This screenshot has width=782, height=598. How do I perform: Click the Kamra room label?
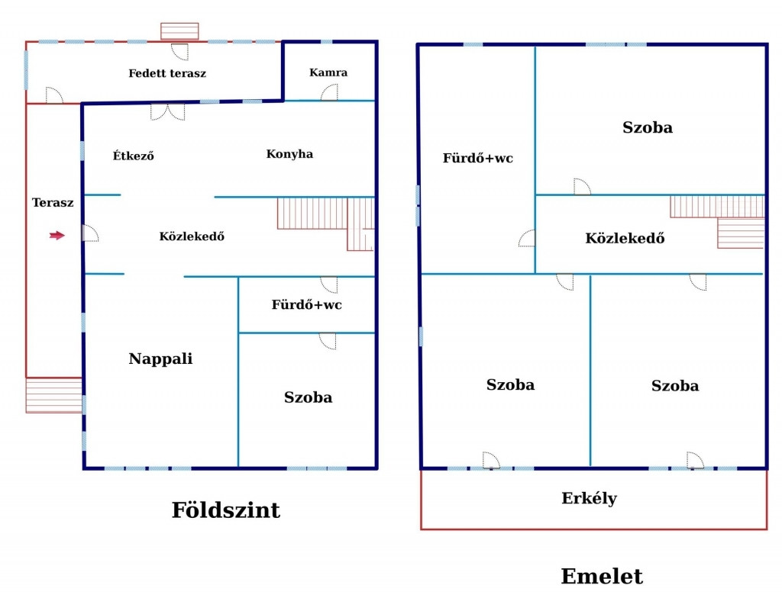point(328,72)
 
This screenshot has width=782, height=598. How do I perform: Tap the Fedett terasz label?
point(167,74)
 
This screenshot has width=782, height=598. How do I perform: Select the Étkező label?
point(134,156)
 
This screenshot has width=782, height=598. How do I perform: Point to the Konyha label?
point(289,154)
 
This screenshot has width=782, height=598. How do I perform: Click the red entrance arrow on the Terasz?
point(57,236)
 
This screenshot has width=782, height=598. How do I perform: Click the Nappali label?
point(160,358)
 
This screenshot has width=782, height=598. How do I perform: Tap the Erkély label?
point(589,499)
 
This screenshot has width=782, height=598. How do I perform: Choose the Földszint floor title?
point(225,510)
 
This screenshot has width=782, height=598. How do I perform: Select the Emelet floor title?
point(602,577)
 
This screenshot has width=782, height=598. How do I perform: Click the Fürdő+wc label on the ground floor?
point(306,305)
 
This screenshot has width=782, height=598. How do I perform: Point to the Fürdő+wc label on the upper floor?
point(478,159)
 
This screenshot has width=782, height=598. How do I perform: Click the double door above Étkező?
point(167,111)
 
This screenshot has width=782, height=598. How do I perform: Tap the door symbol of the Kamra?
point(330,93)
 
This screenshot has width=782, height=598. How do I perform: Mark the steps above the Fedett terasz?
point(179,31)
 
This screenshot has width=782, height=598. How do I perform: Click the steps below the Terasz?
point(53,395)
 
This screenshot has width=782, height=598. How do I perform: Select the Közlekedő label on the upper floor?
point(625,238)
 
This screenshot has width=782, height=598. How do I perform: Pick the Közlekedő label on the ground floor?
point(192,236)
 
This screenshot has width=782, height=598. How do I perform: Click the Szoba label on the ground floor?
point(308,397)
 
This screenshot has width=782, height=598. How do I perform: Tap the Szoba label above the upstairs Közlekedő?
point(648,127)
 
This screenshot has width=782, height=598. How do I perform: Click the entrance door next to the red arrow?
point(89,233)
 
